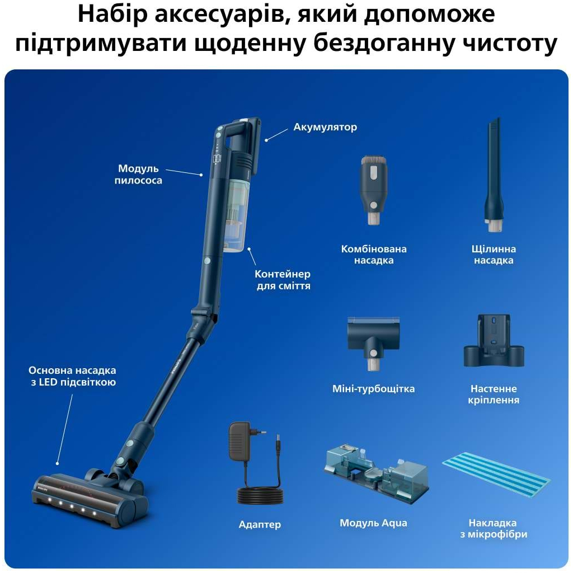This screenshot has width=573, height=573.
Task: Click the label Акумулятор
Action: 325,127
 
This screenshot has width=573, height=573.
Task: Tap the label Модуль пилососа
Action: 138,174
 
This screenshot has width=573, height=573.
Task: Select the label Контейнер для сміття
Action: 282,280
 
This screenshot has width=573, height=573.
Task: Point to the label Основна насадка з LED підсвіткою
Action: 72,377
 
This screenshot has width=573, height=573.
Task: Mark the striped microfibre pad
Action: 496,475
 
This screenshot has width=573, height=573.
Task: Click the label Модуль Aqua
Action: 373,523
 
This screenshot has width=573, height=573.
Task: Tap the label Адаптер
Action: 260,525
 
